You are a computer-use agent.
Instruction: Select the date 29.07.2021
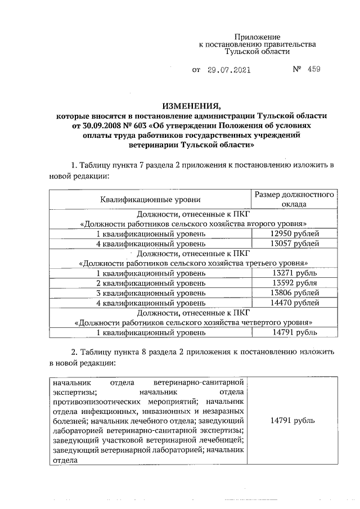(x=228, y=71)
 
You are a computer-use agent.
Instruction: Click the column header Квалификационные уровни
(x=150, y=200)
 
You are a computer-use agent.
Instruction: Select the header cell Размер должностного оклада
(x=295, y=199)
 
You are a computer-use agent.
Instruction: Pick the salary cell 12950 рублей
(x=294, y=233)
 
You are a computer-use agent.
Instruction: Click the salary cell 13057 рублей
(x=294, y=244)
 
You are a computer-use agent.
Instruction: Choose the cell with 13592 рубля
(x=294, y=283)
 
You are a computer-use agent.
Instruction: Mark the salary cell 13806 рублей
(x=294, y=293)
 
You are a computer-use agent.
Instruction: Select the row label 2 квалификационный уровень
(x=150, y=283)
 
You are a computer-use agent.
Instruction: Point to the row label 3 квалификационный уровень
(x=150, y=293)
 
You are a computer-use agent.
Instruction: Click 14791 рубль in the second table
(x=292, y=421)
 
